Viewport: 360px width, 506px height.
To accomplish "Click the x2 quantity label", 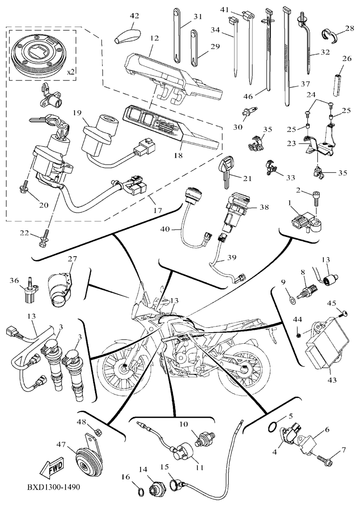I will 71,71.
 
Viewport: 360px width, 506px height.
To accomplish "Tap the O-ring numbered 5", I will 274,427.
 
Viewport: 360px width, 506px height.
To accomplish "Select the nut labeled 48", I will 96,430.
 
